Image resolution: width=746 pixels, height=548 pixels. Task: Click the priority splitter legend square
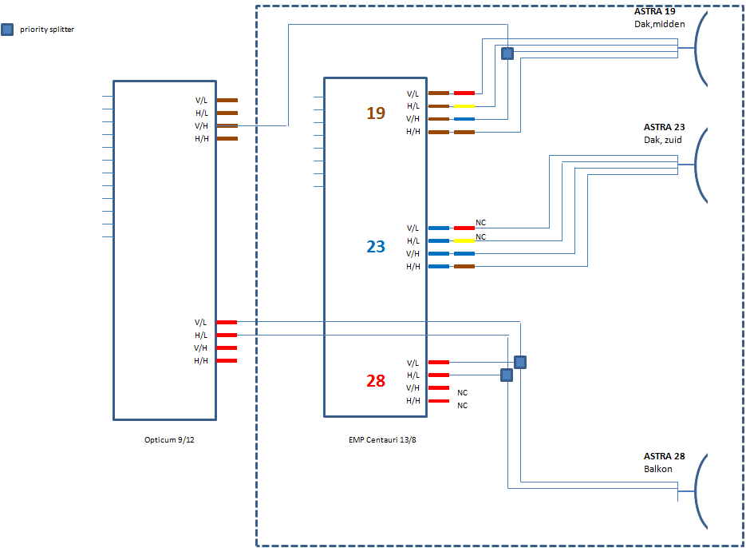(x=7, y=30)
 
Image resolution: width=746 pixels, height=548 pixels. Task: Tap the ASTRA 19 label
(x=653, y=12)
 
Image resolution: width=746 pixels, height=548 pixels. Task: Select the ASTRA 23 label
(x=664, y=127)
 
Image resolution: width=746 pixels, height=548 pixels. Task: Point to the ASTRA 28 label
(x=664, y=456)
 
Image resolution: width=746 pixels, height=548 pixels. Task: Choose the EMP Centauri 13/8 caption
(x=382, y=439)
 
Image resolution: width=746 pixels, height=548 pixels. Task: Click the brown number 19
(x=376, y=113)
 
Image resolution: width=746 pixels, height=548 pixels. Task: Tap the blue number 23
(x=376, y=247)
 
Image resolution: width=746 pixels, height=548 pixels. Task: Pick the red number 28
(x=376, y=381)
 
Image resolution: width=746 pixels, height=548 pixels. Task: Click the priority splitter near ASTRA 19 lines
(x=507, y=54)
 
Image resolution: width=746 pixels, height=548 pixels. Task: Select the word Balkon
(x=658, y=469)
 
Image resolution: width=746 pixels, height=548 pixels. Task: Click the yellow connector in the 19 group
(x=464, y=106)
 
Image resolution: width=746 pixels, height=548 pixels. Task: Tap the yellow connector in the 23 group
(x=464, y=240)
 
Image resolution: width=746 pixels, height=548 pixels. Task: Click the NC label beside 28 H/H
(x=462, y=405)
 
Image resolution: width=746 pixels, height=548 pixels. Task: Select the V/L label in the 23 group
(x=412, y=228)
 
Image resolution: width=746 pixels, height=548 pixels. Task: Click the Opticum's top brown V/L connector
(x=227, y=101)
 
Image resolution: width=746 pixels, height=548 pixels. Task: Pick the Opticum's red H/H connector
(x=227, y=361)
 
